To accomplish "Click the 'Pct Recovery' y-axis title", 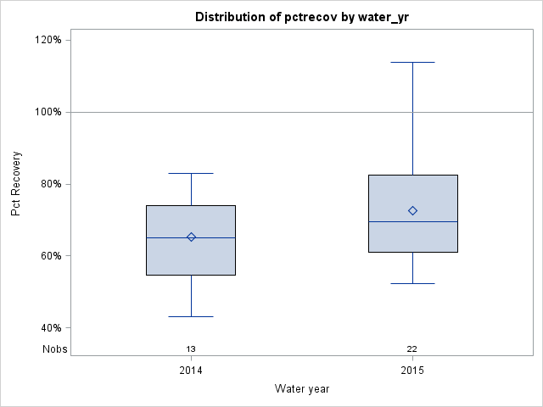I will pyautogui.click(x=16, y=184).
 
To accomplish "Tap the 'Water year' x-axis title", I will pyautogui.click(x=301, y=388).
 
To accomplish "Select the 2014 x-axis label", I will pyautogui.click(x=191, y=371).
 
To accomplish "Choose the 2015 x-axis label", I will pyautogui.click(x=412, y=371).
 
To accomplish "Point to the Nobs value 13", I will pyautogui.click(x=191, y=348).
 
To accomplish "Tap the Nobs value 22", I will pyautogui.click(x=412, y=348).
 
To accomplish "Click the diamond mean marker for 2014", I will pyautogui.click(x=191, y=237).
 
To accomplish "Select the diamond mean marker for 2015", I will pyautogui.click(x=412, y=210).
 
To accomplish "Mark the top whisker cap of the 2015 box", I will pyautogui.click(x=412, y=62).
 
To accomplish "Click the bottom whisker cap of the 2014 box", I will pyautogui.click(x=191, y=316).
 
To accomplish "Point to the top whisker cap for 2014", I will pyautogui.click(x=191, y=173).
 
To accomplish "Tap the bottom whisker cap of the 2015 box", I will pyautogui.click(x=412, y=283).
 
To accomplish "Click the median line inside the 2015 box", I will pyautogui.click(x=433, y=221).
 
